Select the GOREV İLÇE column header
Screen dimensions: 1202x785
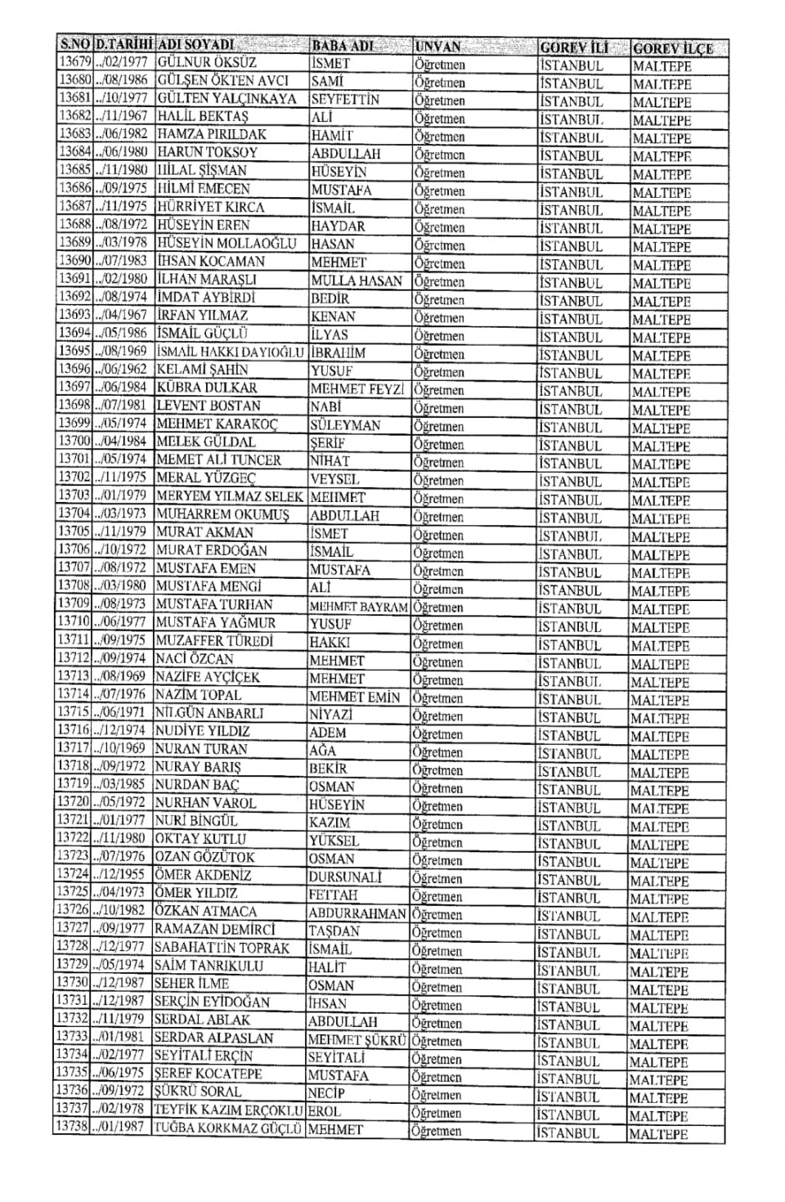[672, 47]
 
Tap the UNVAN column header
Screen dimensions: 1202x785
[438, 47]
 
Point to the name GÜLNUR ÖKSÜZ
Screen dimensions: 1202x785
[206, 63]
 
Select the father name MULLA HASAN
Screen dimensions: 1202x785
[357, 280]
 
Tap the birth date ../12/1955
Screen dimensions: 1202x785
[120, 875]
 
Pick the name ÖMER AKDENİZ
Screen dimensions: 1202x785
[203, 875]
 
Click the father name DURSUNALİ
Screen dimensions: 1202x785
[345, 877]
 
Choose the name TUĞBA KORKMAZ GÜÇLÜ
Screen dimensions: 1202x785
[229, 1128]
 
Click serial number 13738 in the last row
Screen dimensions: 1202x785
[72, 1128]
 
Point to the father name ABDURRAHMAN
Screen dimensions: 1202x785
[357, 913]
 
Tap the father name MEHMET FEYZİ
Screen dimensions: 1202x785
[357, 389]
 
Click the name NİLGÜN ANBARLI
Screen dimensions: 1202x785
[209, 713]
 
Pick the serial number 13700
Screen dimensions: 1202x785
[74, 442]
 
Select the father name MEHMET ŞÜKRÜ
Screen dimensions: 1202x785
[357, 1040]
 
